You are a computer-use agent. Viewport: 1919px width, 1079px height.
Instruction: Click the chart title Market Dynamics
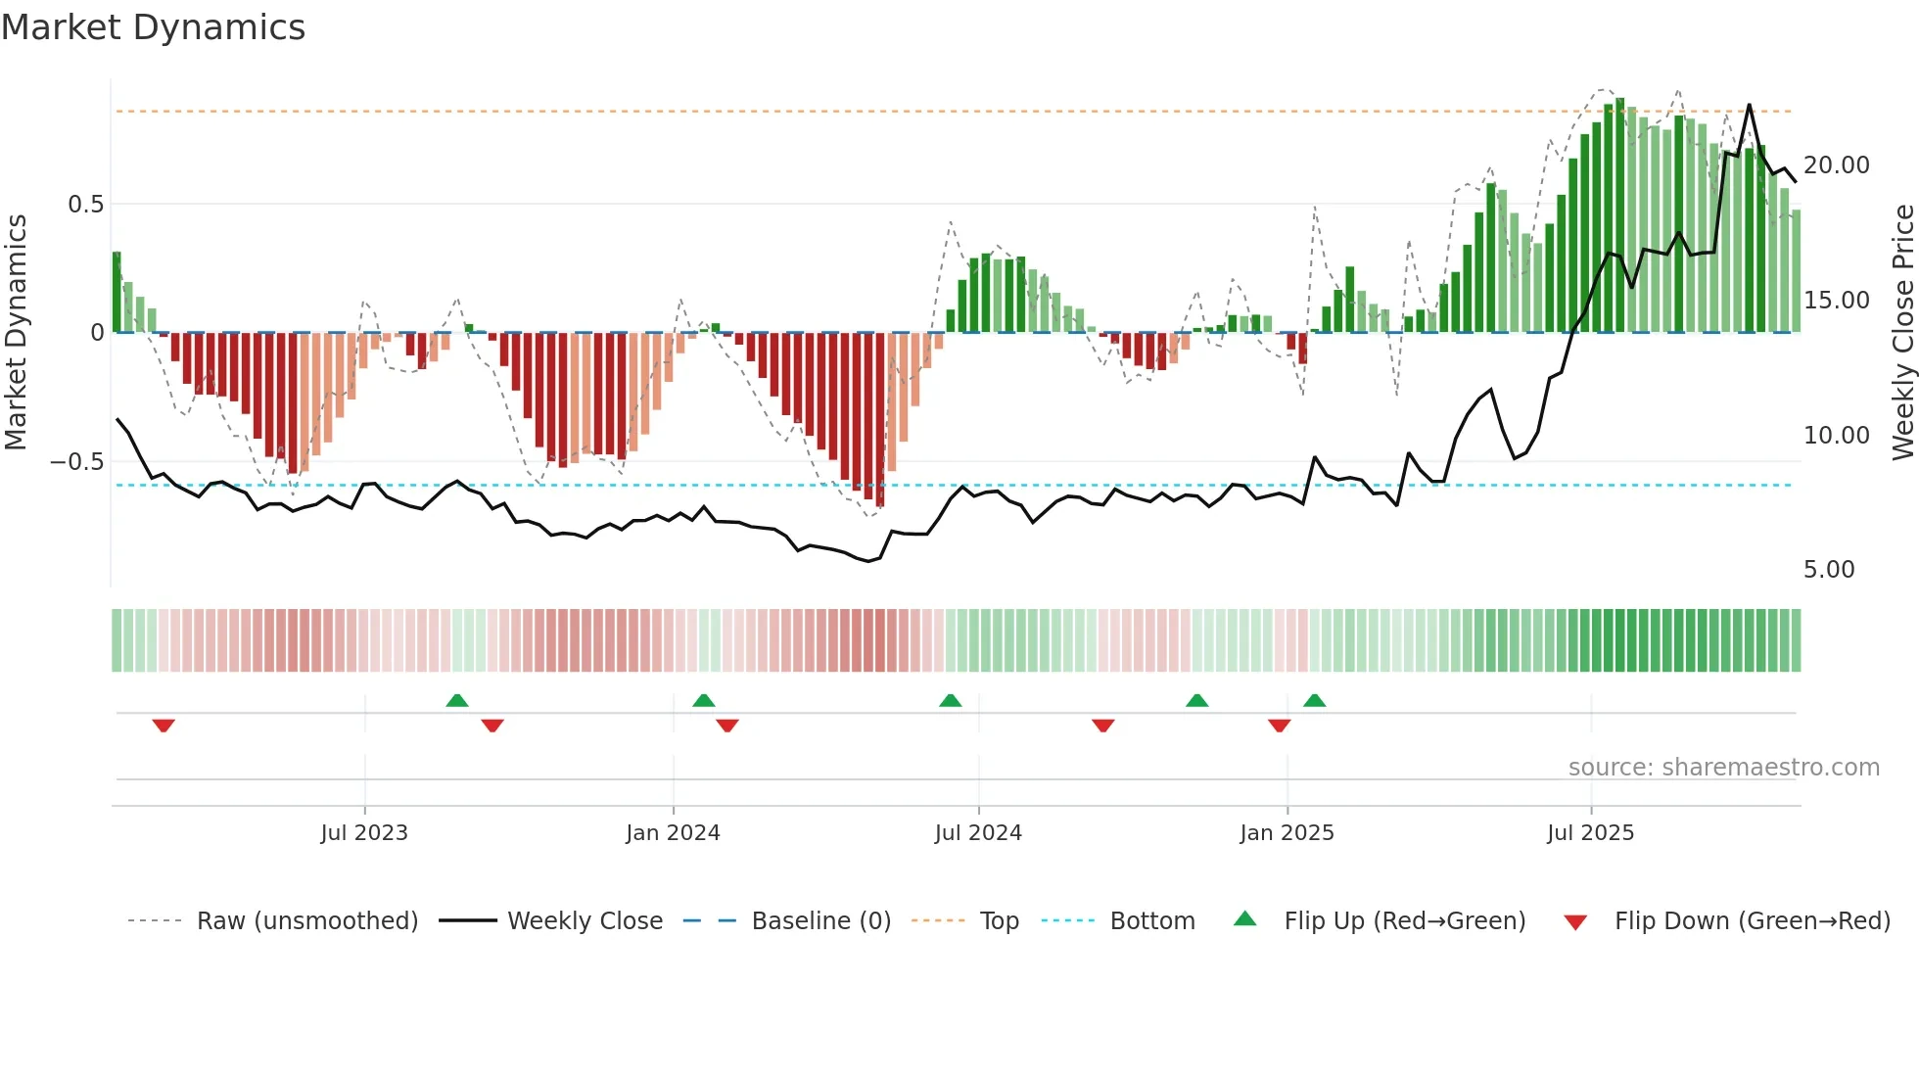coord(153,27)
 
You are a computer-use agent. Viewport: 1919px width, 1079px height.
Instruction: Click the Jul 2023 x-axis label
coord(363,833)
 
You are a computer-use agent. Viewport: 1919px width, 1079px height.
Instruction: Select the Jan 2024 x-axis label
coord(673,833)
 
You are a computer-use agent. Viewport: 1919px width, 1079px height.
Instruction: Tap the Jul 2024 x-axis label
coord(978,833)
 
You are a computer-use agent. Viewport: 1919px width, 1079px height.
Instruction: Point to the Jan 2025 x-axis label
coord(1287,833)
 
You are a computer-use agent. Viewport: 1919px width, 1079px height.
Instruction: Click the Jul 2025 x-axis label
coord(1590,833)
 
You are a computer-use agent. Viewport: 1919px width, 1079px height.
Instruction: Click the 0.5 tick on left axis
coord(85,205)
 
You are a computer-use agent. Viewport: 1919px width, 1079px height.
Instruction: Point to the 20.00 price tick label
coord(1836,165)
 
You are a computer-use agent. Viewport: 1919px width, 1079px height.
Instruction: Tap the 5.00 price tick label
coord(1829,570)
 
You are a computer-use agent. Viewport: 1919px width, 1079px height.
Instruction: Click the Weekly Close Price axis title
coord(1902,332)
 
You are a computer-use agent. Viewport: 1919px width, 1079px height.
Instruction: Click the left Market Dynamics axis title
coord(16,332)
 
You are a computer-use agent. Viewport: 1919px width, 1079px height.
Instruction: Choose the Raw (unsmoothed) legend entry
coord(306,921)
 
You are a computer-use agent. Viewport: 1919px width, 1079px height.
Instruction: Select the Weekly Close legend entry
coord(585,921)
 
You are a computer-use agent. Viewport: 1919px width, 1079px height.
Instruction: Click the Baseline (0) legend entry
coord(820,921)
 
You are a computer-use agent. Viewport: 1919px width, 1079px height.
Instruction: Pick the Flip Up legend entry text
coord(1404,921)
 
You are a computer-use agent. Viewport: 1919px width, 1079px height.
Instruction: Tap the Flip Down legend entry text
coord(1752,921)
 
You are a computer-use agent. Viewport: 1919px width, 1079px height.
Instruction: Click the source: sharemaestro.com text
coord(1723,768)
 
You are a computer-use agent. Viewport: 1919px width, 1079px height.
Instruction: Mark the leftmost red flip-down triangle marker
coord(164,726)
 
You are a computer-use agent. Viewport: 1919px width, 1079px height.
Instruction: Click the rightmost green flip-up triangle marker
coord(1314,700)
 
